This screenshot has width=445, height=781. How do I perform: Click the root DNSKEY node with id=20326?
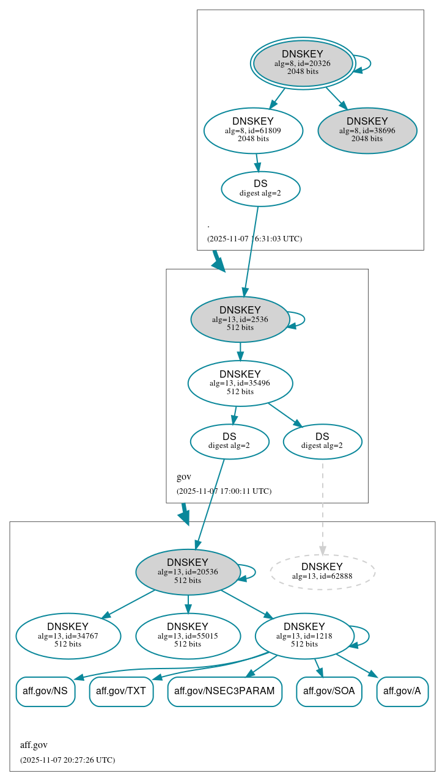click(x=303, y=63)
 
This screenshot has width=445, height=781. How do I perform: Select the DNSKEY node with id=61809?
click(x=253, y=130)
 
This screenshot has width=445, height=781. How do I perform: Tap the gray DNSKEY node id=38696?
click(x=367, y=130)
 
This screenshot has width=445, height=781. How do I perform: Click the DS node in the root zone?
click(x=260, y=188)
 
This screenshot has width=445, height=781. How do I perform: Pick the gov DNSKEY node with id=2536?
click(x=240, y=319)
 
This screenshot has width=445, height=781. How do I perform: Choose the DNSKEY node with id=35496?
click(x=240, y=383)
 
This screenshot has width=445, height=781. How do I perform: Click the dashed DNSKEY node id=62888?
click(x=322, y=571)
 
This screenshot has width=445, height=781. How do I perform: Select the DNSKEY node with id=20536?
click(x=187, y=572)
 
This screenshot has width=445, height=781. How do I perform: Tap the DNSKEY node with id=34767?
click(x=68, y=636)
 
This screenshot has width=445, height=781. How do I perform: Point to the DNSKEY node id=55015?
click(x=188, y=636)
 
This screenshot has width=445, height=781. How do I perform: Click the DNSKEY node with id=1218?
click(x=304, y=636)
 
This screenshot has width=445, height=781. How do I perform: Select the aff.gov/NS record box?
click(x=45, y=691)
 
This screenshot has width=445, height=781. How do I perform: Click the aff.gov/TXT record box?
click(x=121, y=691)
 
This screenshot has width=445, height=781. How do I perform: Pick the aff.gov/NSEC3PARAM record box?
click(x=224, y=691)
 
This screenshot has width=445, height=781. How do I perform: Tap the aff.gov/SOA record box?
click(x=329, y=691)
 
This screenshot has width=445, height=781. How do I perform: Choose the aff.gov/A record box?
click(x=402, y=691)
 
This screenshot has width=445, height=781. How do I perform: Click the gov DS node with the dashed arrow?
click(x=322, y=441)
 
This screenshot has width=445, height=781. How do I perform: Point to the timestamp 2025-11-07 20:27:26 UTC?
click(x=67, y=760)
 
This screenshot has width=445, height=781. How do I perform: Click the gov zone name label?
click(x=184, y=477)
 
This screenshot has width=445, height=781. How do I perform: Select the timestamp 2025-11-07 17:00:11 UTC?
click(x=224, y=491)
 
